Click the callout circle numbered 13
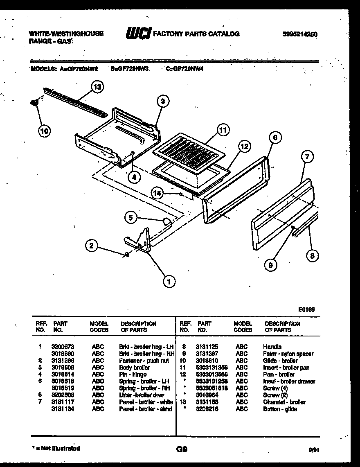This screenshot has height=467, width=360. pos(97,86)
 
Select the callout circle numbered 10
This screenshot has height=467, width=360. pos(44,131)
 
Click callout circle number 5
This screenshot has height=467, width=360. pos(131,218)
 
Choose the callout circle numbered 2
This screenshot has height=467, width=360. pos(92,246)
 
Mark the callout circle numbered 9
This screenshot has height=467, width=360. pos(270,266)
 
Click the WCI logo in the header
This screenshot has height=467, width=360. pos(138,34)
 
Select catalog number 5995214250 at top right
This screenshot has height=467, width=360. pos(299,34)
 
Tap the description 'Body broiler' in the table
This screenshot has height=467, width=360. pos(134,368)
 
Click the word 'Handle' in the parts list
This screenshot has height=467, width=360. pos(272,347)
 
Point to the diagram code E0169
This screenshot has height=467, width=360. pos(306,310)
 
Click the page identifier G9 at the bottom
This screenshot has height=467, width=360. pos(182,449)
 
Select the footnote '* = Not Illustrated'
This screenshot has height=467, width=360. pos(56,448)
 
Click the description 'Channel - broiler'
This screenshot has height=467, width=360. pos(284,402)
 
